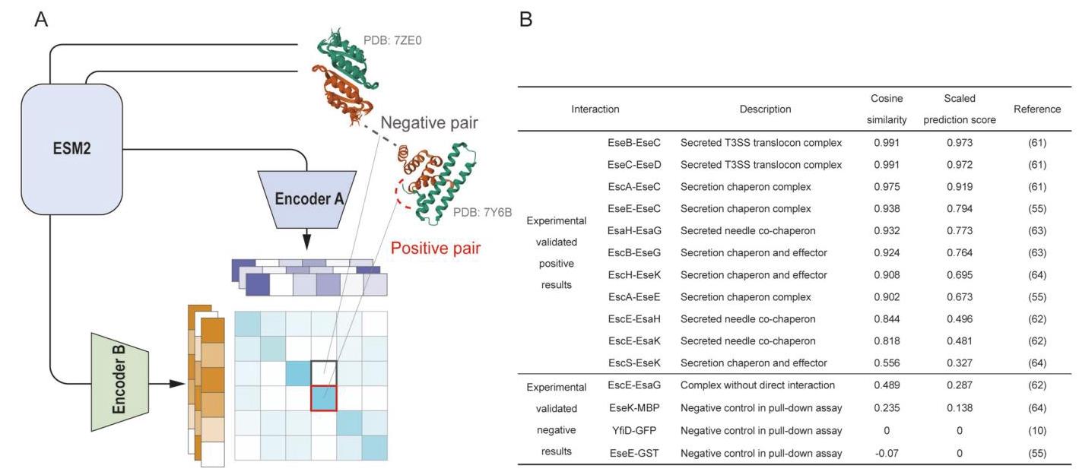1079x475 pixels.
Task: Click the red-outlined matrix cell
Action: click(324, 397)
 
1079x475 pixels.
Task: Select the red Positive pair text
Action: click(436, 248)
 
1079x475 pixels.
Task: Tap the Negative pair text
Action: click(429, 123)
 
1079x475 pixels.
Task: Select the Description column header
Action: click(765, 109)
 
